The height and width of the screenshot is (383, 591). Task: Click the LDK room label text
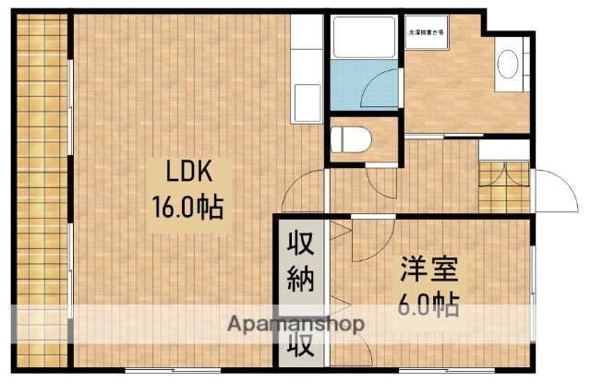pos(190,172)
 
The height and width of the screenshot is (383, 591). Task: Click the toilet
pos(352,139)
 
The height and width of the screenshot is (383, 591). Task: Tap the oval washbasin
pos(507,64)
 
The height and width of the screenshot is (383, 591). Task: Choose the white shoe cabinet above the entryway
pos(504,150)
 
